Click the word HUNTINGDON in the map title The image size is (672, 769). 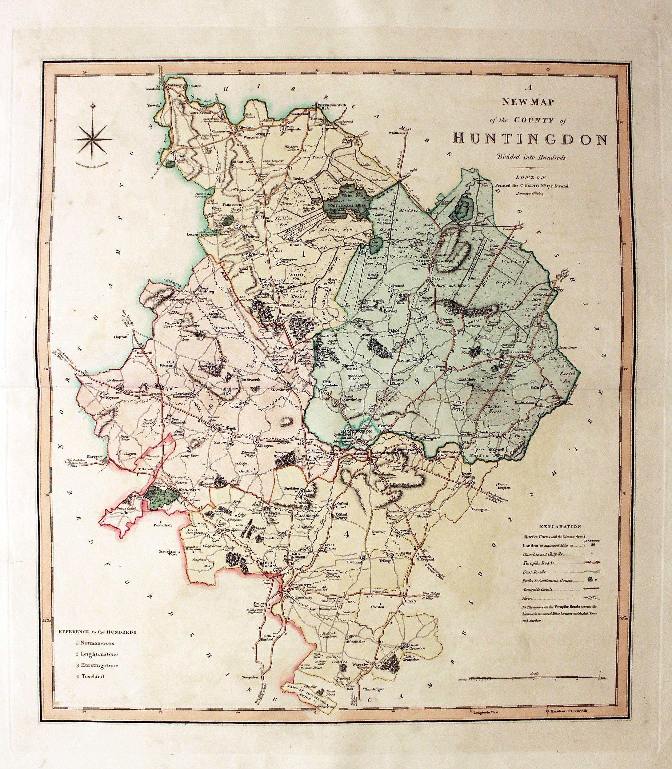click(x=530, y=139)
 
